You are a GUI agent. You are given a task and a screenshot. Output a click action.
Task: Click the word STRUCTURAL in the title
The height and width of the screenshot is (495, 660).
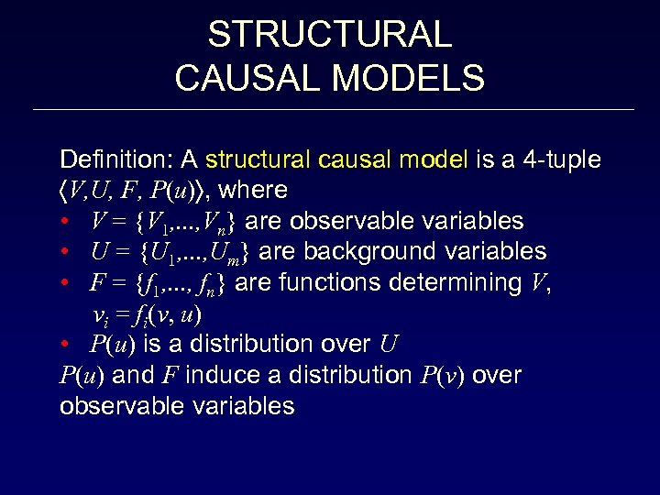(330, 35)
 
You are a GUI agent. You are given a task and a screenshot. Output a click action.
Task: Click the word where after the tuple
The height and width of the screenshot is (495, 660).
(254, 191)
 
